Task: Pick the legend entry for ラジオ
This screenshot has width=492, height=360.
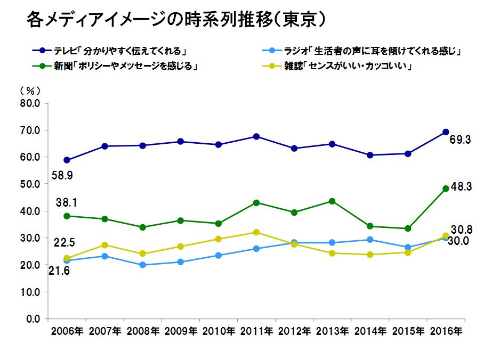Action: pyautogui.click(x=362, y=52)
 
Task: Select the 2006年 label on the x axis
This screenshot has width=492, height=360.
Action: pyautogui.click(x=67, y=331)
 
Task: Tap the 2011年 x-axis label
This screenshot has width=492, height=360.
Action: pyautogui.click(x=256, y=331)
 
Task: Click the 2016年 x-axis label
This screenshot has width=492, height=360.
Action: pyautogui.click(x=446, y=331)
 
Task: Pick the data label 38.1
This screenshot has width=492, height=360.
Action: pyautogui.click(x=67, y=202)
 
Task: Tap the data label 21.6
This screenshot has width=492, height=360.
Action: pyautogui.click(x=61, y=271)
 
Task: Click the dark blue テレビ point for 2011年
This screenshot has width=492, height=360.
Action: pyautogui.click(x=256, y=136)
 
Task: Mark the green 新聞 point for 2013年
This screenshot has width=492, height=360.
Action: pyautogui.click(x=332, y=201)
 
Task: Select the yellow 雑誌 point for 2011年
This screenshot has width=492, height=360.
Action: pyautogui.click(x=256, y=232)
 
